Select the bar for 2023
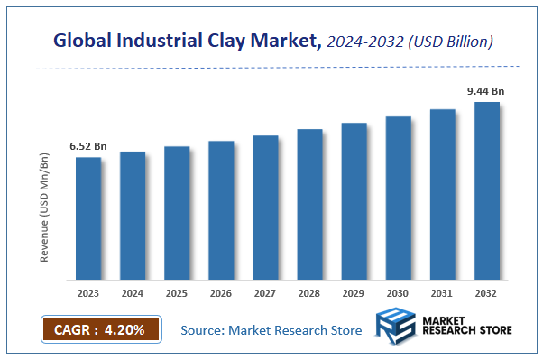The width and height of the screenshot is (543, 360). pyautogui.click(x=88, y=218)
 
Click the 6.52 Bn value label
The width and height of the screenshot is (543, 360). pyautogui.click(x=88, y=146)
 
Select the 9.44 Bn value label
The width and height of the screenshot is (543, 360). pyautogui.click(x=484, y=90)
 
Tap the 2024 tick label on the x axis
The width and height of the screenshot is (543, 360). pyautogui.click(x=133, y=293)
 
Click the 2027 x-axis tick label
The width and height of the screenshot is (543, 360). pyautogui.click(x=265, y=293)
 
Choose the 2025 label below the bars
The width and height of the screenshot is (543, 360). pyautogui.click(x=177, y=293)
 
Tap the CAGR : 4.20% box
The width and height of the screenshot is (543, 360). pyautogui.click(x=100, y=329)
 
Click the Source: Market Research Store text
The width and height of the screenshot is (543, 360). pyautogui.click(x=271, y=330)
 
